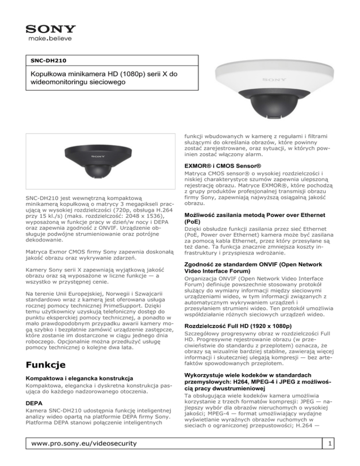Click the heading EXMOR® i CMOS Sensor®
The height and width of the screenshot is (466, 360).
click(x=221, y=166)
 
